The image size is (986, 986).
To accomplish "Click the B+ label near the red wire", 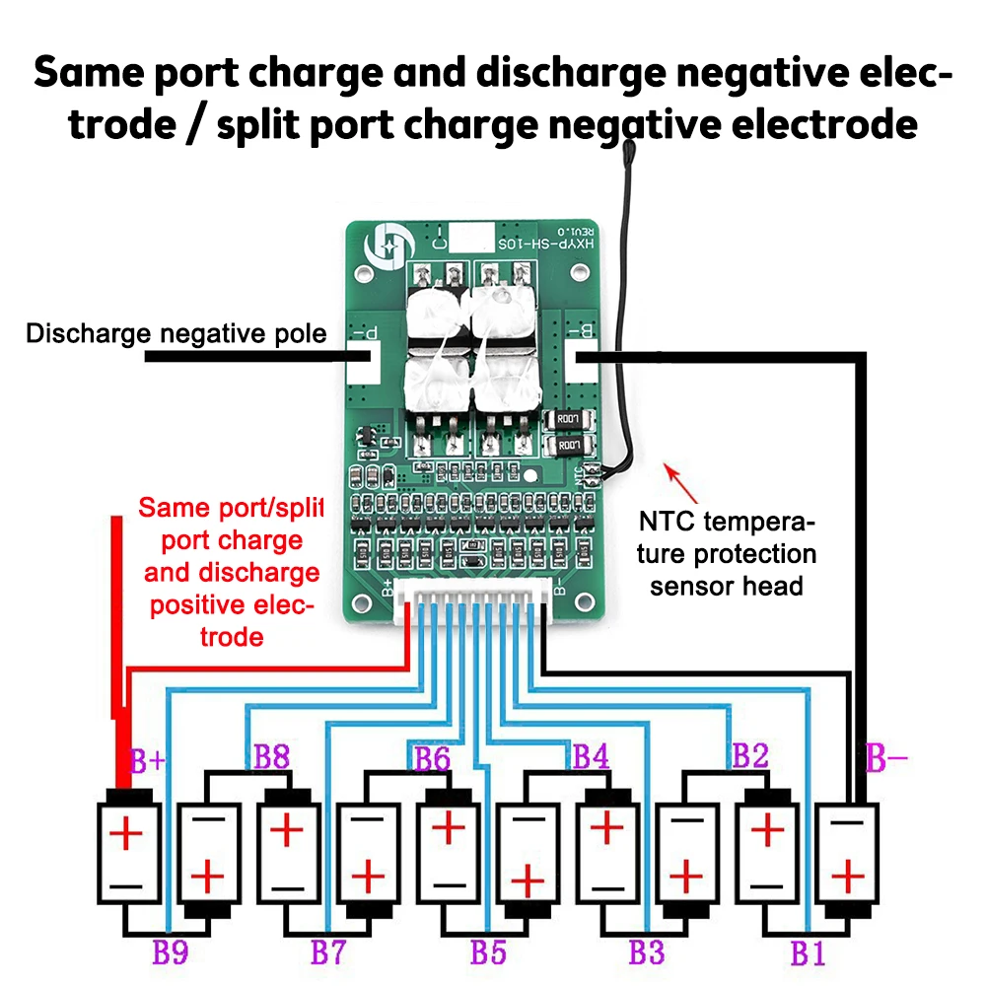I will tap(149, 762).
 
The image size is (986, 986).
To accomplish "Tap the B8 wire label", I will tap(271, 758).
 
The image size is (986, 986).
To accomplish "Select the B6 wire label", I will tap(432, 758).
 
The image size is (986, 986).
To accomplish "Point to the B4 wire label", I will tap(591, 757).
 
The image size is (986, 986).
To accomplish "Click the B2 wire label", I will tap(749, 756).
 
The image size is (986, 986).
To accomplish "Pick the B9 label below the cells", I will tap(170, 953).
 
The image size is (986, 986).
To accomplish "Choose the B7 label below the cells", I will tap(328, 953).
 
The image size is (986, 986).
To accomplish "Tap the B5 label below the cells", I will tap(488, 953).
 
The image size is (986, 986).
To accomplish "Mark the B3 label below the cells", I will tap(647, 953).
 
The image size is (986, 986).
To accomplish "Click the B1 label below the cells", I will tap(807, 953).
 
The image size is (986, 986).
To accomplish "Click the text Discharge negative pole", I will tap(176, 333).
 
